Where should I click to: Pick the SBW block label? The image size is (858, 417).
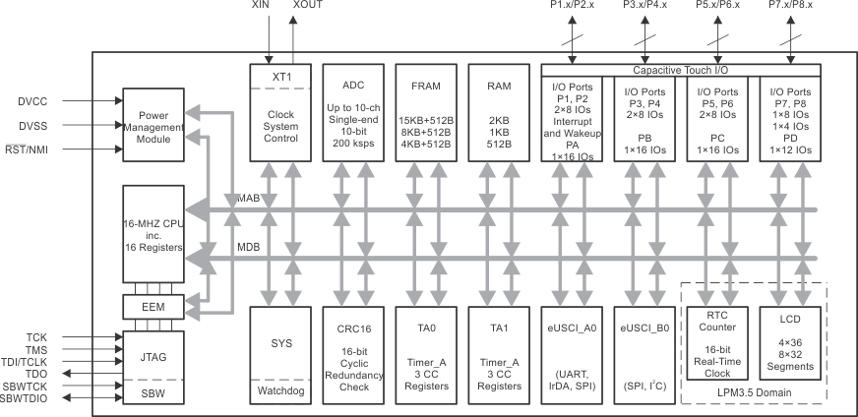coord(153,393)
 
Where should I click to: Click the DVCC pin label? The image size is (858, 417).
coord(33,101)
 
